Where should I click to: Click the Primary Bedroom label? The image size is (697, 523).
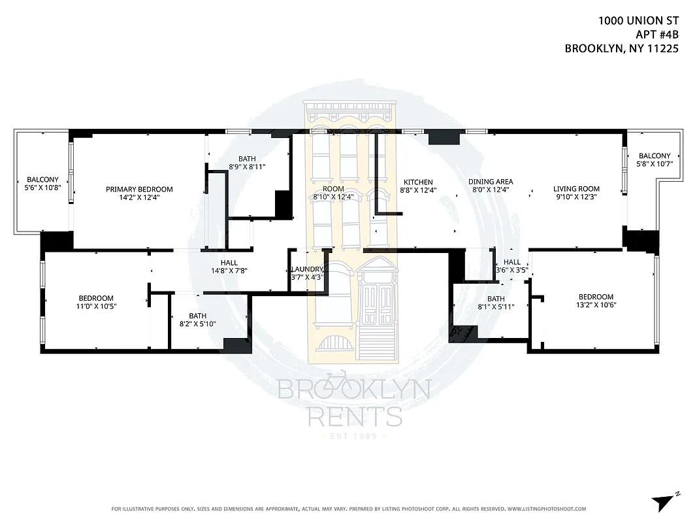(139, 190)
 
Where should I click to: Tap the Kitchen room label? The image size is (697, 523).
(418, 182)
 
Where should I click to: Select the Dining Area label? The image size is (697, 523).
(491, 182)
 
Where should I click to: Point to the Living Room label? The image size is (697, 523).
(576, 188)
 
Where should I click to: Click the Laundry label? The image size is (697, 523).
(307, 269)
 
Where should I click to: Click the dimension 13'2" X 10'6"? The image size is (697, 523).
(596, 305)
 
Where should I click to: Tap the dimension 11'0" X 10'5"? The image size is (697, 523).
(96, 306)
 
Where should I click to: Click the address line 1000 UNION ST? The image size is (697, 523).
(634, 21)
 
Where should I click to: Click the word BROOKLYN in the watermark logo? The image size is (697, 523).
(354, 390)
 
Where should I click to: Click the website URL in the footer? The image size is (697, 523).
(546, 509)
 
